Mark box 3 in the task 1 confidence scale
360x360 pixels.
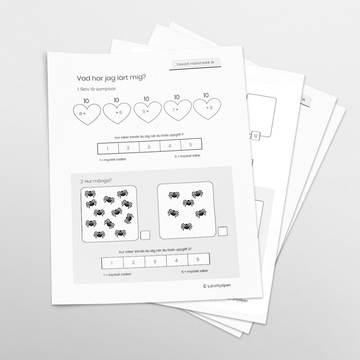pos(149,147)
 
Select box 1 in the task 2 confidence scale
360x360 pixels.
pos(112,263)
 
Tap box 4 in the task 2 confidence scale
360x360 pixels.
pos(176,261)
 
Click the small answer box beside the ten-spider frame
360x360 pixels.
pos(145,236)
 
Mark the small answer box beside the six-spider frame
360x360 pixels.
pos(222,231)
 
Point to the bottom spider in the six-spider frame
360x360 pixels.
pos(186,226)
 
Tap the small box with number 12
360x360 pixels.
pos(256,136)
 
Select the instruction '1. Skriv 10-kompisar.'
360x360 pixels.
pos(97,89)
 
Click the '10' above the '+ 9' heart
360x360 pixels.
pos(206,95)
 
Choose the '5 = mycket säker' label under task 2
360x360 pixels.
pos(194,271)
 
